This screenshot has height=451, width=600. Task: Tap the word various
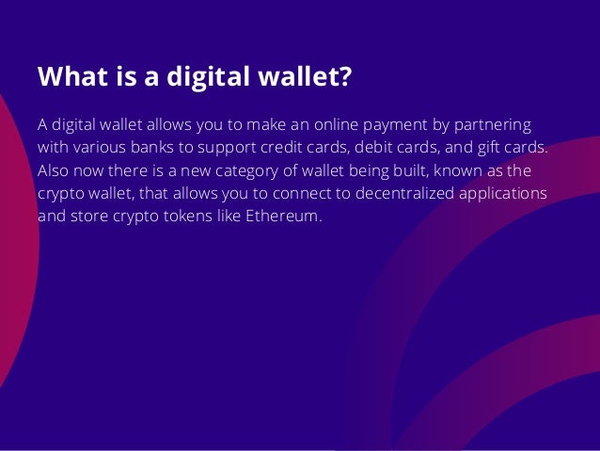pyautogui.click(x=101, y=148)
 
